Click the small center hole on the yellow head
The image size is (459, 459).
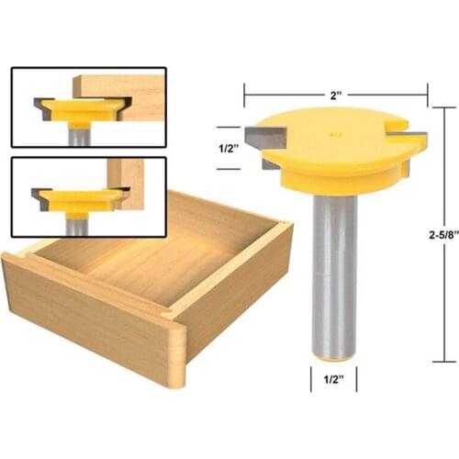click(x=334, y=134)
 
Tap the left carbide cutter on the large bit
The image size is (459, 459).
click(x=263, y=135)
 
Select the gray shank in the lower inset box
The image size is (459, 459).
click(x=78, y=222)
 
